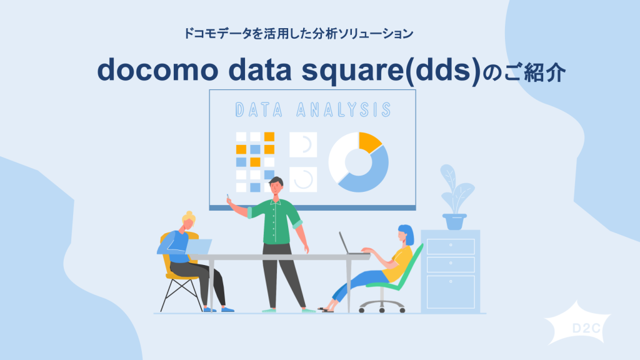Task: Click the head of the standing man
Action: pyautogui.click(x=276, y=186)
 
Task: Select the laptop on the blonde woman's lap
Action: pyautogui.click(x=197, y=247)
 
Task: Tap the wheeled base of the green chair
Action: pyautogui.click(x=382, y=304)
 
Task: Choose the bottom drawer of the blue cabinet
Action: pyautogui.click(x=450, y=291)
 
